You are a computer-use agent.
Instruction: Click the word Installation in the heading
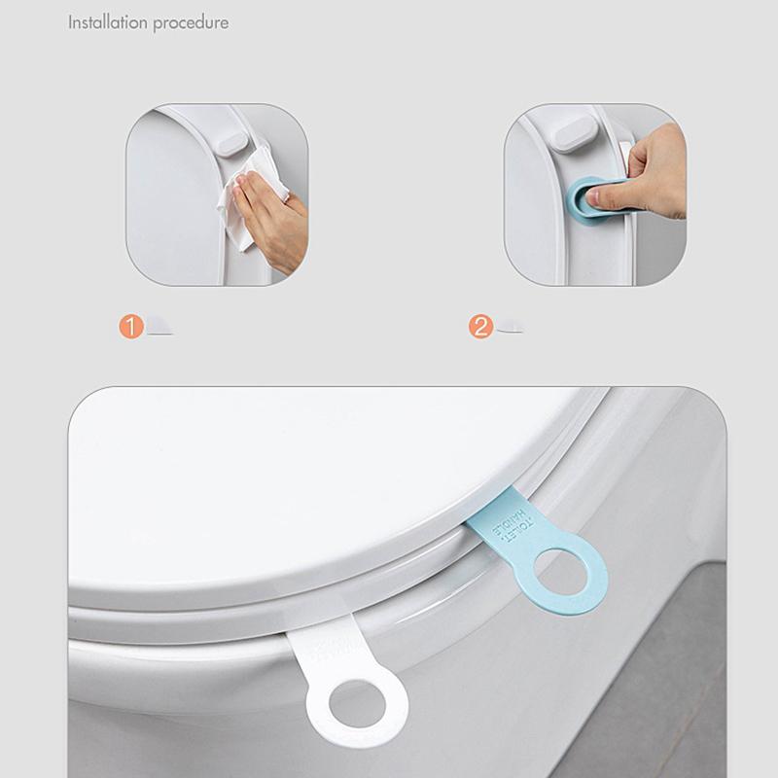[107, 21]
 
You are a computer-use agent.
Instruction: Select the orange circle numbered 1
[131, 327]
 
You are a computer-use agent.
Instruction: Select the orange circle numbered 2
[480, 327]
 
